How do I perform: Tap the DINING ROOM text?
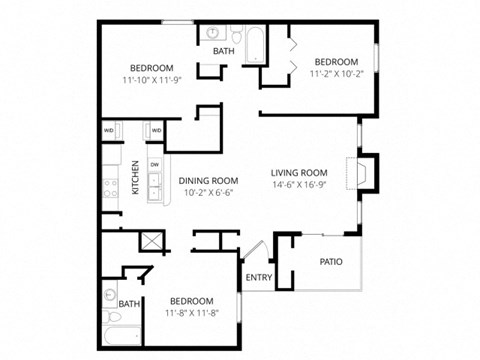208,180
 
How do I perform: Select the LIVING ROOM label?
300,172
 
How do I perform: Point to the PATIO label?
331,262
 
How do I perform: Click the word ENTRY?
258,278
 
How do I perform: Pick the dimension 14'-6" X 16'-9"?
300,184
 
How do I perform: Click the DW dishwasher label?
154,164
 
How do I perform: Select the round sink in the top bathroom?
214,32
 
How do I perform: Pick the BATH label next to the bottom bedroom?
129,304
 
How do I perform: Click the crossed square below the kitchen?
152,239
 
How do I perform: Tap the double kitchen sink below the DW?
154,184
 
